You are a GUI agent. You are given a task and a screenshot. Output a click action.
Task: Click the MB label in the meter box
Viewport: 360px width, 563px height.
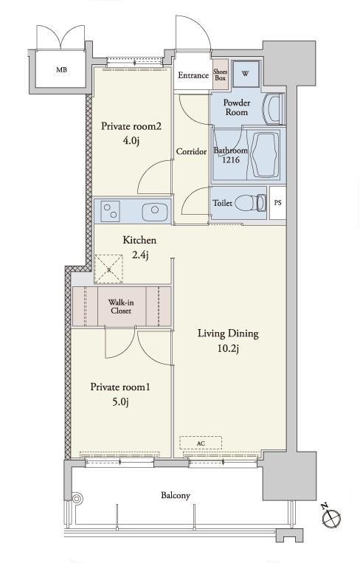pos(61,70)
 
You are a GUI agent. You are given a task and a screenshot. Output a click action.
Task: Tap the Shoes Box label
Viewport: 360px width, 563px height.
pos(221,75)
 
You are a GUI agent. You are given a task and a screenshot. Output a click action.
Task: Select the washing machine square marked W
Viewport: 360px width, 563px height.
pos(246,74)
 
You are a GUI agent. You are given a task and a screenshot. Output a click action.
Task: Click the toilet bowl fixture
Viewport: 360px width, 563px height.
pos(252,203)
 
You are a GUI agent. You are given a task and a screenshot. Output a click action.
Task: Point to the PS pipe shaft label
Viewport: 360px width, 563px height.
pos(278,203)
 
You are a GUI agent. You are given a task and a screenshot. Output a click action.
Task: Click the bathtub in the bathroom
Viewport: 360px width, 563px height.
pos(266,155)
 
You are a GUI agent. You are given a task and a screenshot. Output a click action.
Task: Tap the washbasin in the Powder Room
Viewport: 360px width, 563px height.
pos(273,109)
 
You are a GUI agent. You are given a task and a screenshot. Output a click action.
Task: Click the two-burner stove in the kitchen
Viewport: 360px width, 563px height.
pos(111,211)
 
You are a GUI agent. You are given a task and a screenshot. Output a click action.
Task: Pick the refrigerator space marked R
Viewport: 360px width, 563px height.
pos(108,269)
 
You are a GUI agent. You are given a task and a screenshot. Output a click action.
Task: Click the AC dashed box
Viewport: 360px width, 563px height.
pos(201,443)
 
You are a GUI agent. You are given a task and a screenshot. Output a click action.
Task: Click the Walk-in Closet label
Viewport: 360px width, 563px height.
pos(121,307)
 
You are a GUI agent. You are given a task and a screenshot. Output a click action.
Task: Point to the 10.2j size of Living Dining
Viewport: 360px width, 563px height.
pos(228,348)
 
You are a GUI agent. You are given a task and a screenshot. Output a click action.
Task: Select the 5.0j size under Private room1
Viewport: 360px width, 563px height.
pos(120,402)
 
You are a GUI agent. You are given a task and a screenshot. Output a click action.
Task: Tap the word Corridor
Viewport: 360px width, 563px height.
pos(191,152)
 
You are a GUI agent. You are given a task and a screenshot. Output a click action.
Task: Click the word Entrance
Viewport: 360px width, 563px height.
pos(193,75)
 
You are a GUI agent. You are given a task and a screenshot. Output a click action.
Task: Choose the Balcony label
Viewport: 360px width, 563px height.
pos(176,496)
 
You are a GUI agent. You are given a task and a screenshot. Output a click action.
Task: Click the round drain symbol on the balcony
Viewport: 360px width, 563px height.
pos(77,498)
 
